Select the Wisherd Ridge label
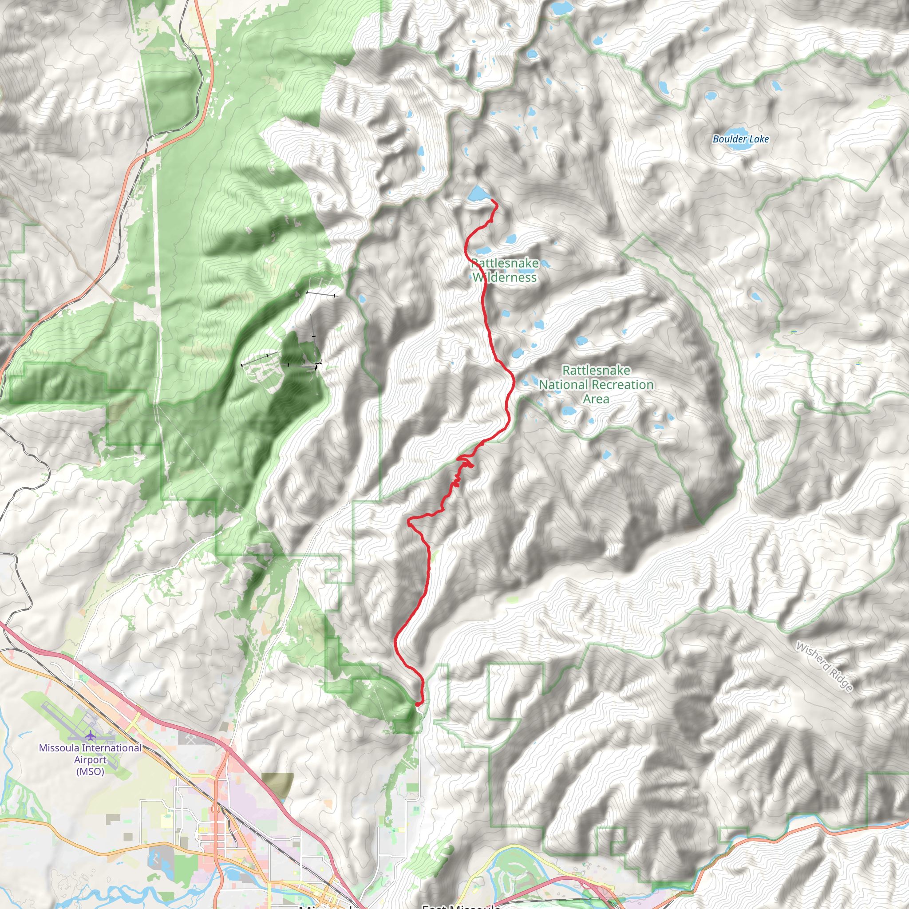tap(823, 667)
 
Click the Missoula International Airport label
tap(91, 759)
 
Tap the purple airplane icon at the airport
tap(91, 735)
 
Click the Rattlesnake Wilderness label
tap(504, 271)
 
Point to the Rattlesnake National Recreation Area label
tap(596, 384)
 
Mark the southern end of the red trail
tap(417, 704)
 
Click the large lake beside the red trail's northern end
tap(477, 193)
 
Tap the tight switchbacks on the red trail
tap(463, 463)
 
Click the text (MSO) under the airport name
tap(91, 771)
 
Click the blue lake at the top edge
tap(560, 8)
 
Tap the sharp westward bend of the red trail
tap(410, 520)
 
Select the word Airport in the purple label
tap(91, 759)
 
